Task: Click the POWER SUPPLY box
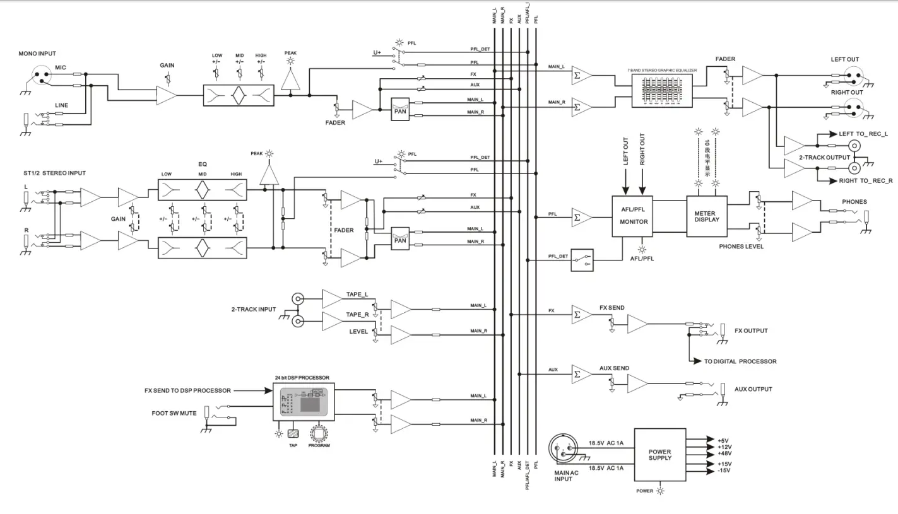pos(659,455)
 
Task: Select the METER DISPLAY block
pos(706,216)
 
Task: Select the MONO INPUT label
pos(37,54)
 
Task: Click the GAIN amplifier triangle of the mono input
pos(167,96)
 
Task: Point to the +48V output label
pos(724,453)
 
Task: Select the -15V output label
pos(724,471)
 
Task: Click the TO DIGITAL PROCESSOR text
pos(740,362)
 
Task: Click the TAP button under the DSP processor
pos(293,434)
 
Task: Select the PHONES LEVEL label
pos(741,247)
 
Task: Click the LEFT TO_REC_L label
pos(863,134)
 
